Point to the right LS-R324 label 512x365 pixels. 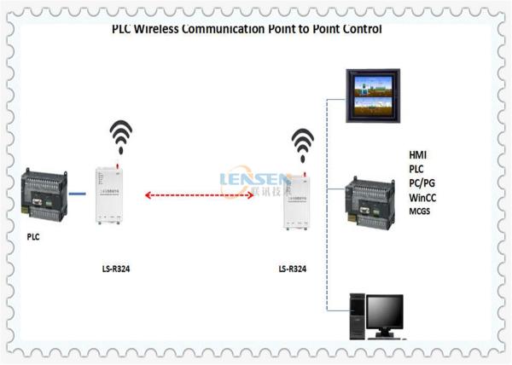pos(293,270)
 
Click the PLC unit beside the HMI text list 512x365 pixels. pos(373,200)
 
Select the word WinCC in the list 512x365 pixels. pos(426,197)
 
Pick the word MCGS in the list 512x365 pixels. pos(422,211)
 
